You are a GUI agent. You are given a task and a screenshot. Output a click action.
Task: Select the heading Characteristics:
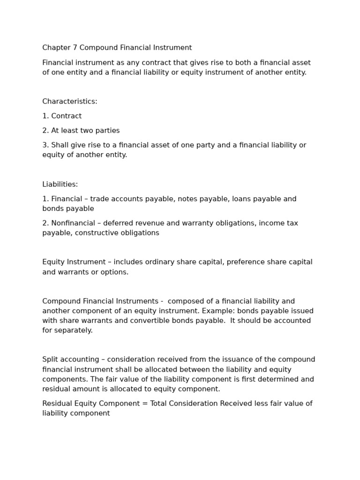(70, 102)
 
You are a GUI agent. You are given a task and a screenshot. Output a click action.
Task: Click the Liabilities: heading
(60, 185)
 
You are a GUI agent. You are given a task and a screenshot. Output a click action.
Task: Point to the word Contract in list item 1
(66, 116)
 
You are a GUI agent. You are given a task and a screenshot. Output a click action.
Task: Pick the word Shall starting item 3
(60, 145)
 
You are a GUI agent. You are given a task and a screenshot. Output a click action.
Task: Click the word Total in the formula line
(159, 404)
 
